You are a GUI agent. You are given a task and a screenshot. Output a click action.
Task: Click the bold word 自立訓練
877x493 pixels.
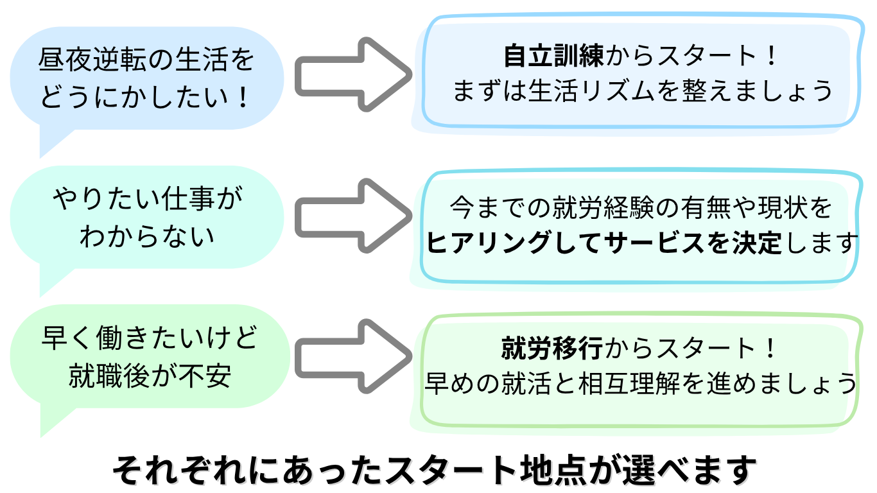[x=553, y=56]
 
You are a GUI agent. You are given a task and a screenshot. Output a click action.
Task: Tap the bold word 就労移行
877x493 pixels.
[x=551, y=349]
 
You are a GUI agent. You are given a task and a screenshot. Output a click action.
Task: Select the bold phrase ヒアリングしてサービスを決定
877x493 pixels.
[x=603, y=243]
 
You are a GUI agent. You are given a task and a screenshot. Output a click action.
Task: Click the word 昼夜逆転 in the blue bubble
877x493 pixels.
[x=88, y=62]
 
